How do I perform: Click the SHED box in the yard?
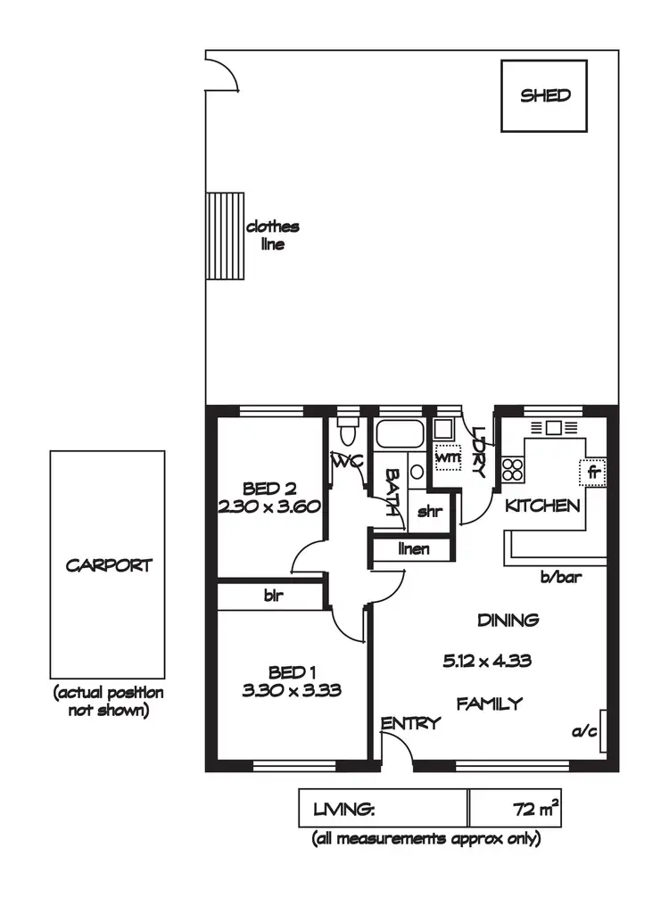point(544,95)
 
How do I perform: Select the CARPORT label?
point(109,564)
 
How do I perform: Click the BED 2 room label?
point(269,488)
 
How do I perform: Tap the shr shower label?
point(431,513)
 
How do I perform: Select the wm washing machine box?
point(445,457)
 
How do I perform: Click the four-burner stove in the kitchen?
point(514,469)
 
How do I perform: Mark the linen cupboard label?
point(413,549)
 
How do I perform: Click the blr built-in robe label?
point(273,596)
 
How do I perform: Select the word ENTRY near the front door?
point(410,723)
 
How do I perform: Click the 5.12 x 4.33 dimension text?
point(500,661)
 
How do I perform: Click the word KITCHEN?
point(543,506)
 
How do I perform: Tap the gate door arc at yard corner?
point(222,72)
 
